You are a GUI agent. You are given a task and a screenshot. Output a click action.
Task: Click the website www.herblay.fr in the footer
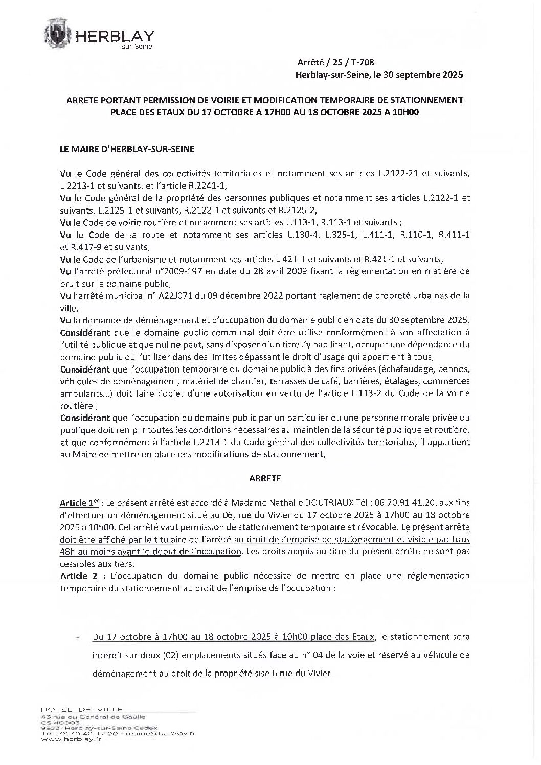(71, 739)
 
